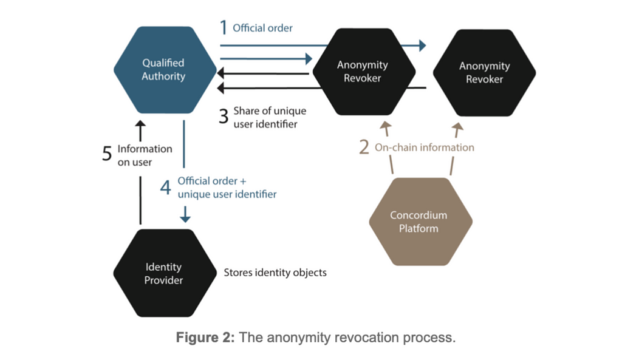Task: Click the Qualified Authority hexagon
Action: click(164, 70)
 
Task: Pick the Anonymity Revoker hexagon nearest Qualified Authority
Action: click(363, 72)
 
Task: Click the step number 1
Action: click(224, 28)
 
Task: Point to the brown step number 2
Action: click(364, 148)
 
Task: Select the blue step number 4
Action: click(165, 188)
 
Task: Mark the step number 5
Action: click(108, 155)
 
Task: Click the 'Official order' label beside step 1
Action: click(262, 28)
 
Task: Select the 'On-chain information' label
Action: click(424, 148)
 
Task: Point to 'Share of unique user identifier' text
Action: click(270, 118)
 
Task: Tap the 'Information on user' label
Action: click(144, 155)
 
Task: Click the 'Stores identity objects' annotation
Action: click(275, 273)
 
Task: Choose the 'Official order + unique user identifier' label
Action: click(227, 188)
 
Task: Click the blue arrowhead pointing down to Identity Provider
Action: click(185, 217)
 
